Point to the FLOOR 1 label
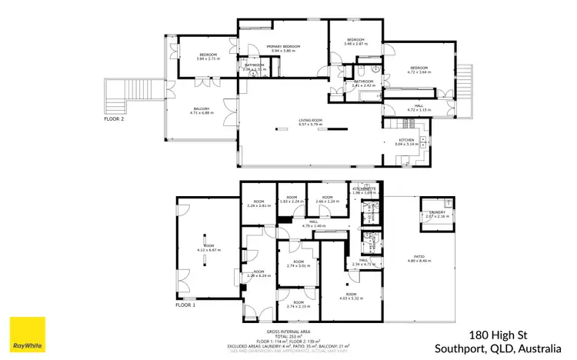(x=185, y=305)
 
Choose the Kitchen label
(x=405, y=140)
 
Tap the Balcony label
(x=202, y=111)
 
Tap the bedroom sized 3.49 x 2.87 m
(x=355, y=42)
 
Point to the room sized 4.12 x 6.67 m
(x=208, y=248)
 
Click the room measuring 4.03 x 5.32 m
(x=351, y=295)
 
